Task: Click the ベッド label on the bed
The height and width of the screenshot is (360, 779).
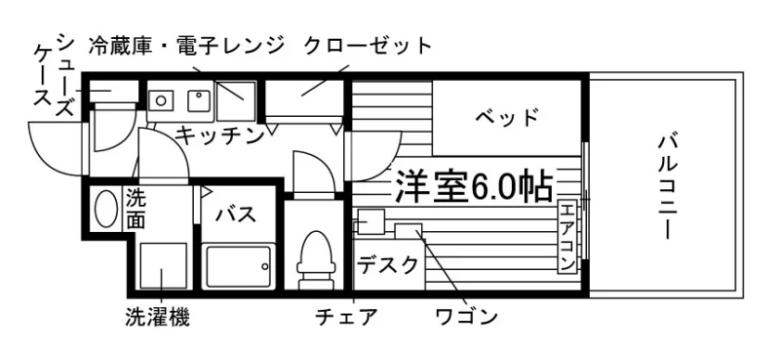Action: (506, 118)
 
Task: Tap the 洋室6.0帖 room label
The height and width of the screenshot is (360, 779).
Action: (474, 186)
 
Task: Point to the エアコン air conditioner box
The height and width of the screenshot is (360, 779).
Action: (567, 237)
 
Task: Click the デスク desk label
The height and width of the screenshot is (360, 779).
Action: (388, 265)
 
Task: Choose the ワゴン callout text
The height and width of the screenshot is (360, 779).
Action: (466, 316)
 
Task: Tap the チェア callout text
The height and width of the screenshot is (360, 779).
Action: (346, 316)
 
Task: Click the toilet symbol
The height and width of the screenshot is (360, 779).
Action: (314, 259)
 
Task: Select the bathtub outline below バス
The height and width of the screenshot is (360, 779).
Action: (239, 265)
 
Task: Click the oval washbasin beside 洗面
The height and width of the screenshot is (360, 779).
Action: (106, 209)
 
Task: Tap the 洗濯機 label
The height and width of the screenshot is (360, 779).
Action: (157, 316)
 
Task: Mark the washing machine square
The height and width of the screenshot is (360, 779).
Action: (163, 265)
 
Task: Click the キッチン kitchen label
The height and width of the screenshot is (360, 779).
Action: (220, 135)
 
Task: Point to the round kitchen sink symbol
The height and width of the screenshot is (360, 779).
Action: (161, 100)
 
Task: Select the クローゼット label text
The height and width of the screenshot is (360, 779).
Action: (367, 46)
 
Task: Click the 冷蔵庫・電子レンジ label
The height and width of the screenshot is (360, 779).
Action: (186, 46)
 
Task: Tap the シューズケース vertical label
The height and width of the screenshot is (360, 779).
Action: (54, 74)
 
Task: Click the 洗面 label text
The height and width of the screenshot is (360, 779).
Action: (135, 210)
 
